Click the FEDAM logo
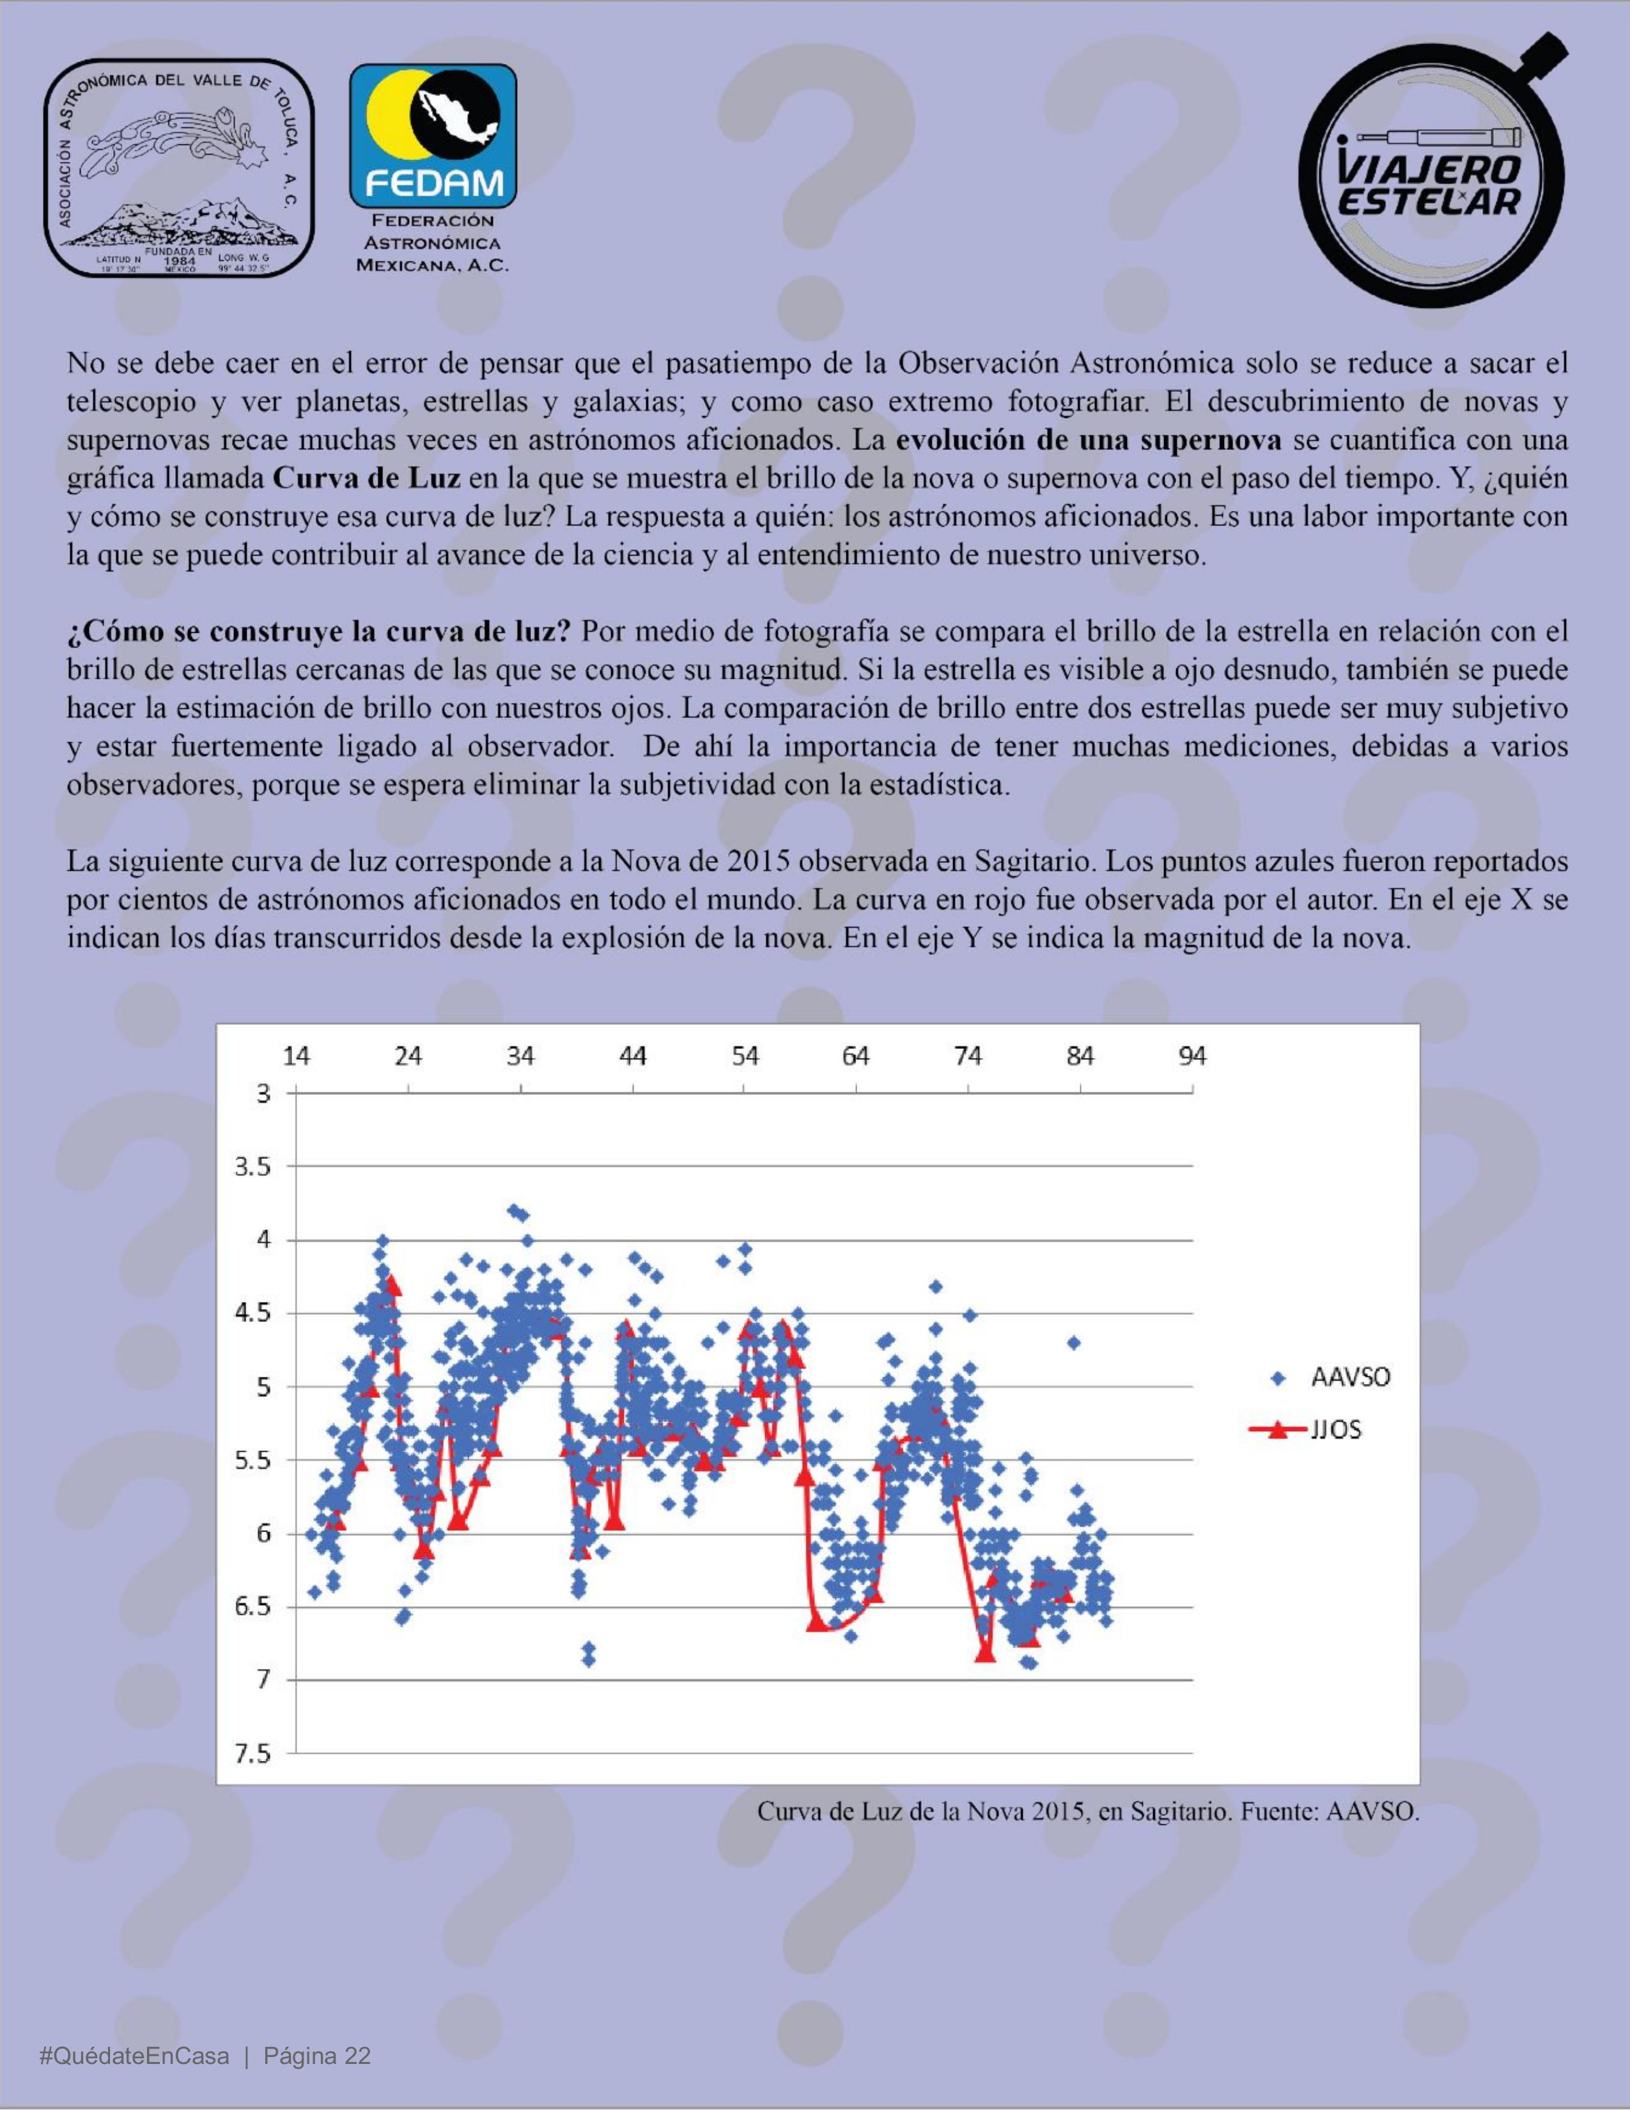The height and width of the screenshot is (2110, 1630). click(432, 136)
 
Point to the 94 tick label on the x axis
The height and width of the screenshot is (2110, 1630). click(1192, 1056)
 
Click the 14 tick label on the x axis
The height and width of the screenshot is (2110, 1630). click(296, 1056)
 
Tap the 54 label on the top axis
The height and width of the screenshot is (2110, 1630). click(744, 1056)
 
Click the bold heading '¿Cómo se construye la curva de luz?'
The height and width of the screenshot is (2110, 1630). click(319, 632)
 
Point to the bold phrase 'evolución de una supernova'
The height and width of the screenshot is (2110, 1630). click(1089, 440)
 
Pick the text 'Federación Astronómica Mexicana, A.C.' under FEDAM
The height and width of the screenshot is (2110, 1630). click(432, 244)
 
